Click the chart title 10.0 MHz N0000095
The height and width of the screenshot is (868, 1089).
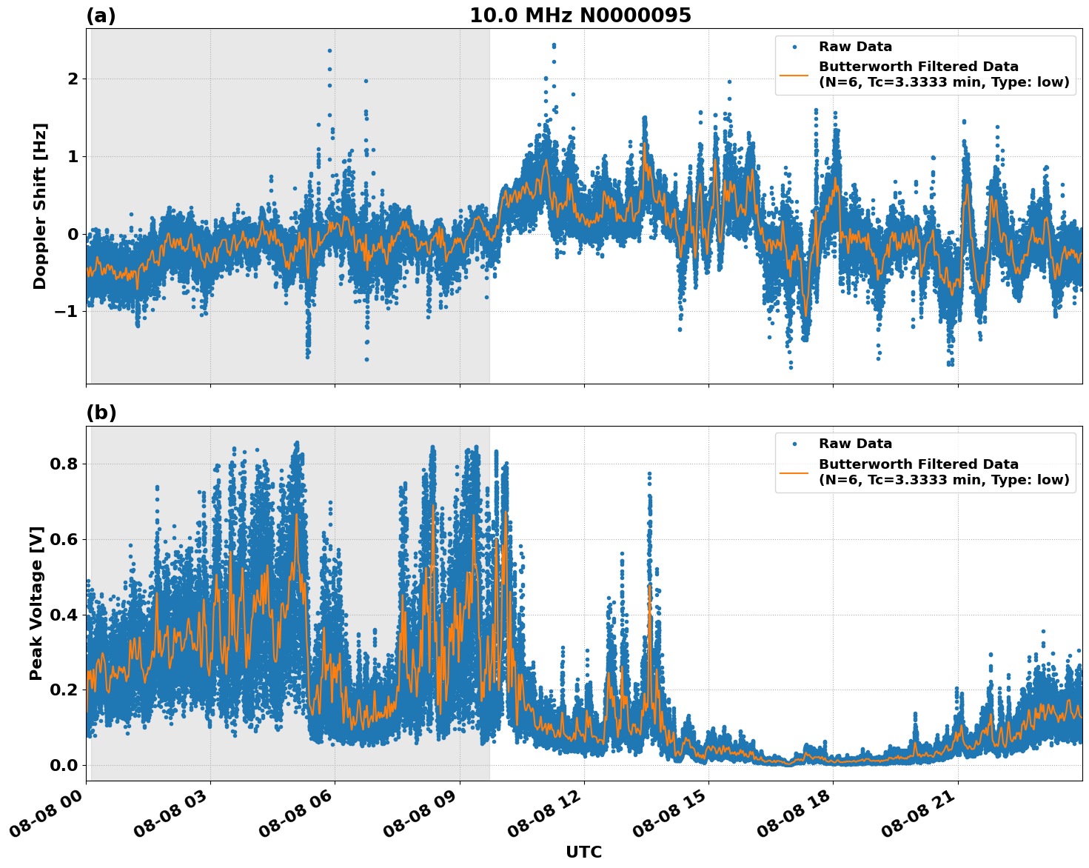580,16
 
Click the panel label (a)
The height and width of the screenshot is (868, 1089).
101,16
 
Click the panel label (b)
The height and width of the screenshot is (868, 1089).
101,413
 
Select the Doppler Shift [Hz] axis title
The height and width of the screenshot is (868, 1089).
40,206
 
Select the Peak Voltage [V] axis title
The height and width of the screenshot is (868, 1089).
36,603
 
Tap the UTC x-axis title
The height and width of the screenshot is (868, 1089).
583,852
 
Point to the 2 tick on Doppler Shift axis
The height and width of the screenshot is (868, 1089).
73,79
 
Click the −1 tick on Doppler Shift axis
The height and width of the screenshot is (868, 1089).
67,311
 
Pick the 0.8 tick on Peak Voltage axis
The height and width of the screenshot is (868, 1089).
64,464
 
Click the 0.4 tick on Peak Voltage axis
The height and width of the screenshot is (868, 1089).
64,615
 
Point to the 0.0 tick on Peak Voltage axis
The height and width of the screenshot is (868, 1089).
64,765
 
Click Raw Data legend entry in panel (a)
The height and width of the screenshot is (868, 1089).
855,47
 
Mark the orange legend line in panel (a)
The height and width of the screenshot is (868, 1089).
794,74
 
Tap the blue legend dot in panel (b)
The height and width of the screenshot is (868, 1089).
794,444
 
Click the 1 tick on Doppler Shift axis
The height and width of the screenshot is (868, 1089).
73,156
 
